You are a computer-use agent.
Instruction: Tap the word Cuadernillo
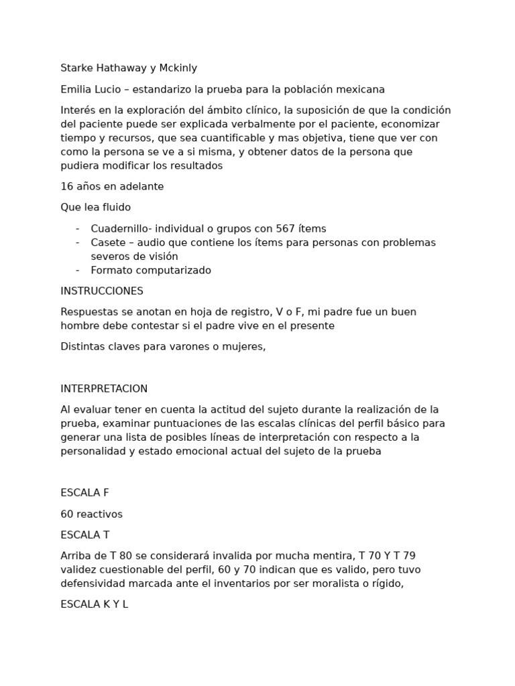120,228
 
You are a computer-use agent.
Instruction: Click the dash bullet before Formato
78,271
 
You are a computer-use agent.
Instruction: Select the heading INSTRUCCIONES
102,291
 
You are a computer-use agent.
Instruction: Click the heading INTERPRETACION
104,389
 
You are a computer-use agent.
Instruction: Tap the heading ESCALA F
84,493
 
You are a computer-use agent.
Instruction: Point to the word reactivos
100,514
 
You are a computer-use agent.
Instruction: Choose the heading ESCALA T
84,535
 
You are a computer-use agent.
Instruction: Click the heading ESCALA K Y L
94,604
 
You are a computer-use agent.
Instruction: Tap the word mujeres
246,347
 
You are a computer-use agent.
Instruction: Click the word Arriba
75,556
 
